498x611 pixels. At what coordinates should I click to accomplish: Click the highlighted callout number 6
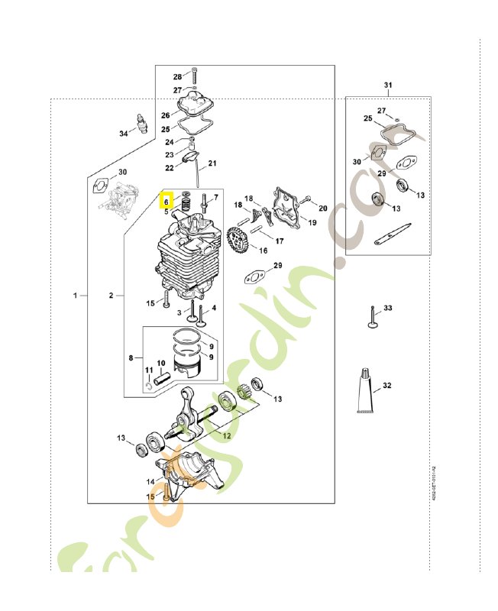point(166,202)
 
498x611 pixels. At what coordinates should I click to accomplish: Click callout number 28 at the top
point(177,77)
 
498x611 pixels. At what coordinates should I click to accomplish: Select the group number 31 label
point(387,85)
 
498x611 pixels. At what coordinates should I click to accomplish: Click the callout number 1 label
point(75,295)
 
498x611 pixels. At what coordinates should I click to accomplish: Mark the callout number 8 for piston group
point(131,357)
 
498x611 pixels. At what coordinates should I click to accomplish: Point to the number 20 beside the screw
point(322,209)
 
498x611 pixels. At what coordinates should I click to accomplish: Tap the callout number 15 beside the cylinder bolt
point(150,304)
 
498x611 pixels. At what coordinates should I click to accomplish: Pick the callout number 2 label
point(111,295)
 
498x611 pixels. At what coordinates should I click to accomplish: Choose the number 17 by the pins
point(280,241)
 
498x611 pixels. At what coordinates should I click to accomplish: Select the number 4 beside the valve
point(214,309)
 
